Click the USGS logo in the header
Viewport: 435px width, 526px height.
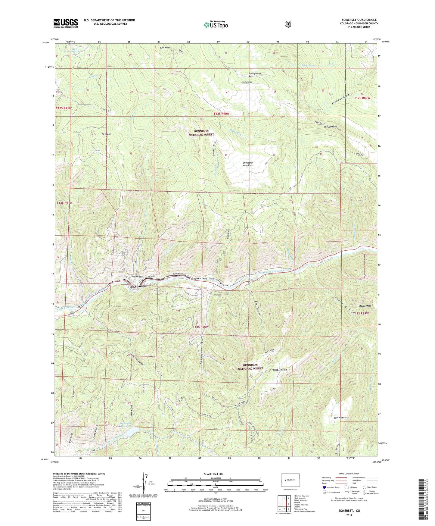66,23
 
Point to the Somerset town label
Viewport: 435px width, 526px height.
141,286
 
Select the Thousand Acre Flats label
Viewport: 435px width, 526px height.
248,164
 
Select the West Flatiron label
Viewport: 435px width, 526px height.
280,370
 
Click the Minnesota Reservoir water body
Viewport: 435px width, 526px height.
129,433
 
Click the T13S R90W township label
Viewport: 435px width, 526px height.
200,327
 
